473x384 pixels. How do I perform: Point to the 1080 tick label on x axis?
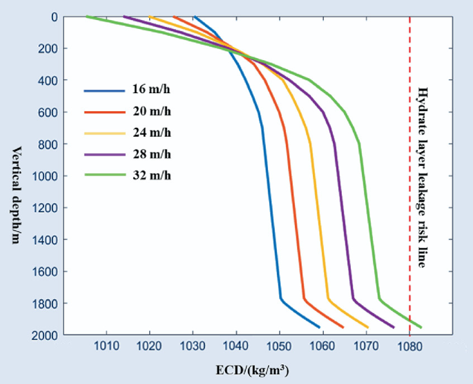tap(409, 347)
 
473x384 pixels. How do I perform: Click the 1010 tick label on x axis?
tap(106, 347)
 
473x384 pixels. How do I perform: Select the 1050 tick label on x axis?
tap(279, 347)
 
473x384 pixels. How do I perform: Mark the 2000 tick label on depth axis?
tap(44, 335)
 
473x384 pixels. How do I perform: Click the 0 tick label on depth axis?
tap(53, 17)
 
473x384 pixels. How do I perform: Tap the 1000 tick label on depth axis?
tap(44, 176)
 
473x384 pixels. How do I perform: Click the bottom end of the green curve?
tap(421, 327)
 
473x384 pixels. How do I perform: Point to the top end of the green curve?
tap(86, 17)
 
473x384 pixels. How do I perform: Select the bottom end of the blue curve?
tap(319, 327)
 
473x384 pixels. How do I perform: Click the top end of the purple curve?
tap(124, 17)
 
